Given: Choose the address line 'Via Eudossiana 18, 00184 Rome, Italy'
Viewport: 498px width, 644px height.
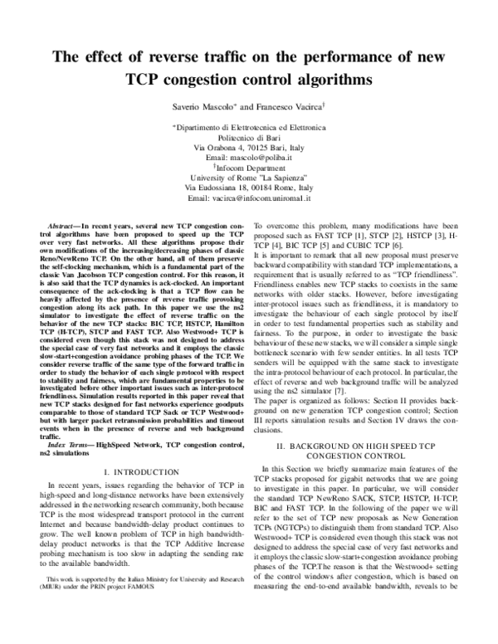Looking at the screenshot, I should pos(248,188).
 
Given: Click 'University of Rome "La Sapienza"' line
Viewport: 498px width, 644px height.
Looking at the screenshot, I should pos(248,178).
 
